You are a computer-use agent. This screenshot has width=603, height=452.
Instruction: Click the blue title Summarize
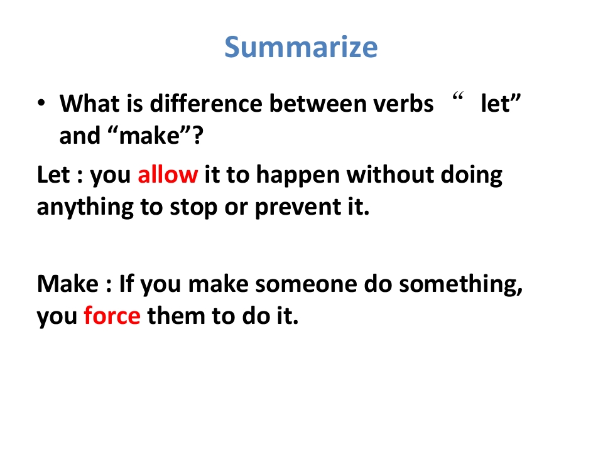coord(301,47)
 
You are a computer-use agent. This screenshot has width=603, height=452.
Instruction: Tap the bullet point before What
coord(41,103)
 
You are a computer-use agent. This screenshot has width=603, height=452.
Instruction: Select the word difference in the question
coord(206,103)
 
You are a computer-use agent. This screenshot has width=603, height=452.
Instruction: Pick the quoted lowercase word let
coord(496,103)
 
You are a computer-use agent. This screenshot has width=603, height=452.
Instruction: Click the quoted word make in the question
coord(149,136)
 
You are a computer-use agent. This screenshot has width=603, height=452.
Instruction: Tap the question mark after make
coord(198,136)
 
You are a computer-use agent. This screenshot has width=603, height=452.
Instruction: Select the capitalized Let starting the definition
coord(53,175)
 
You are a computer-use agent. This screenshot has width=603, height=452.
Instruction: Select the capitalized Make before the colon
coord(68,284)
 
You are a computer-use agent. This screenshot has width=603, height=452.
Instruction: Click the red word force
coord(112,316)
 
